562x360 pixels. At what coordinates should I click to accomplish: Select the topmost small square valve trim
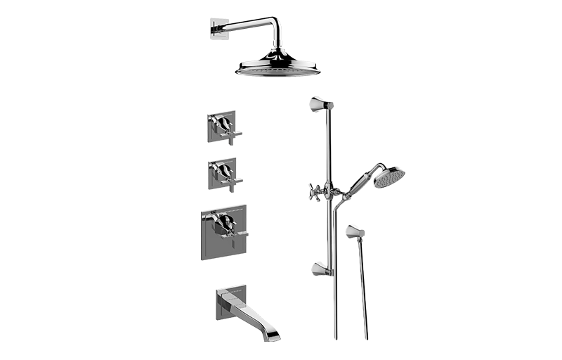225,127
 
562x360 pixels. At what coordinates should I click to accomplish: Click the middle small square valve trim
225,173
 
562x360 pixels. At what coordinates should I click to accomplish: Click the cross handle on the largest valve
227,224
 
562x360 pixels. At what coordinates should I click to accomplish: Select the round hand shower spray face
390,176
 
